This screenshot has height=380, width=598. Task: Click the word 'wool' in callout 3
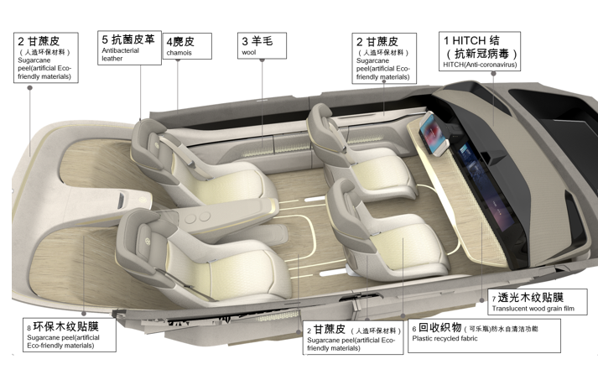(x=249, y=53)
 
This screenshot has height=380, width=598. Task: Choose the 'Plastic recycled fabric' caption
(x=446, y=339)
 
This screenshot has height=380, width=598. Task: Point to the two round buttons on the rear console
(x=198, y=218)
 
